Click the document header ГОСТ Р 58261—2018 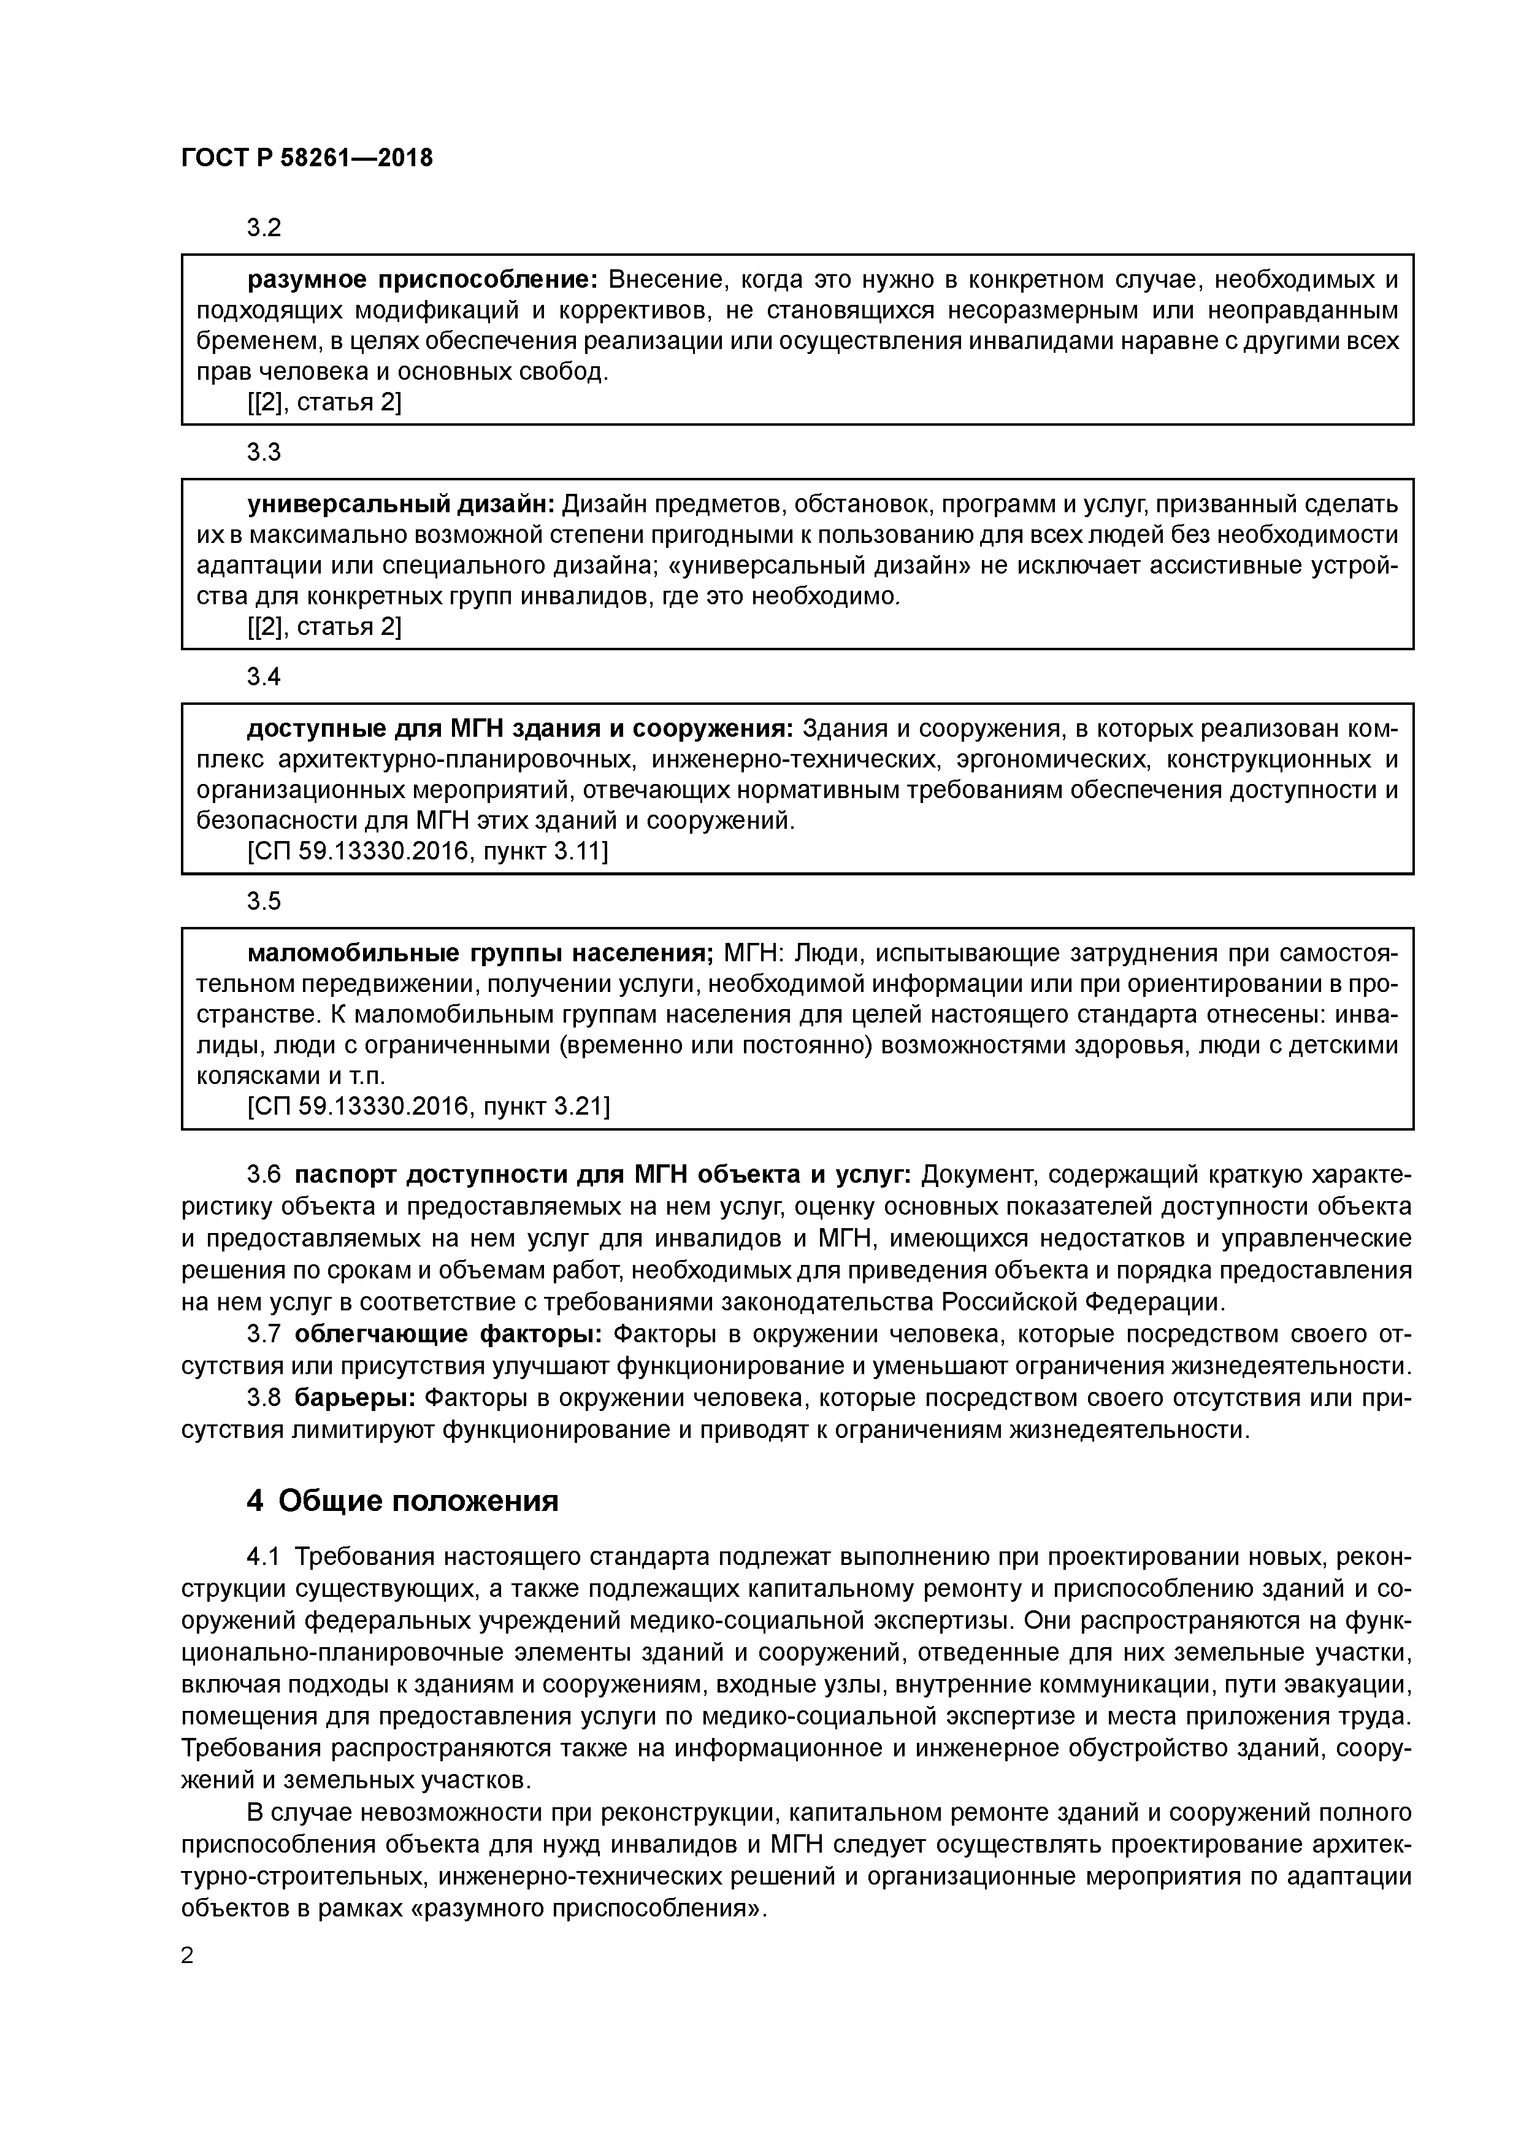pos(307,158)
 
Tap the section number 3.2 pos(263,228)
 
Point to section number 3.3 pos(263,453)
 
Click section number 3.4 pos(263,677)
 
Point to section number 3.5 pos(263,902)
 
